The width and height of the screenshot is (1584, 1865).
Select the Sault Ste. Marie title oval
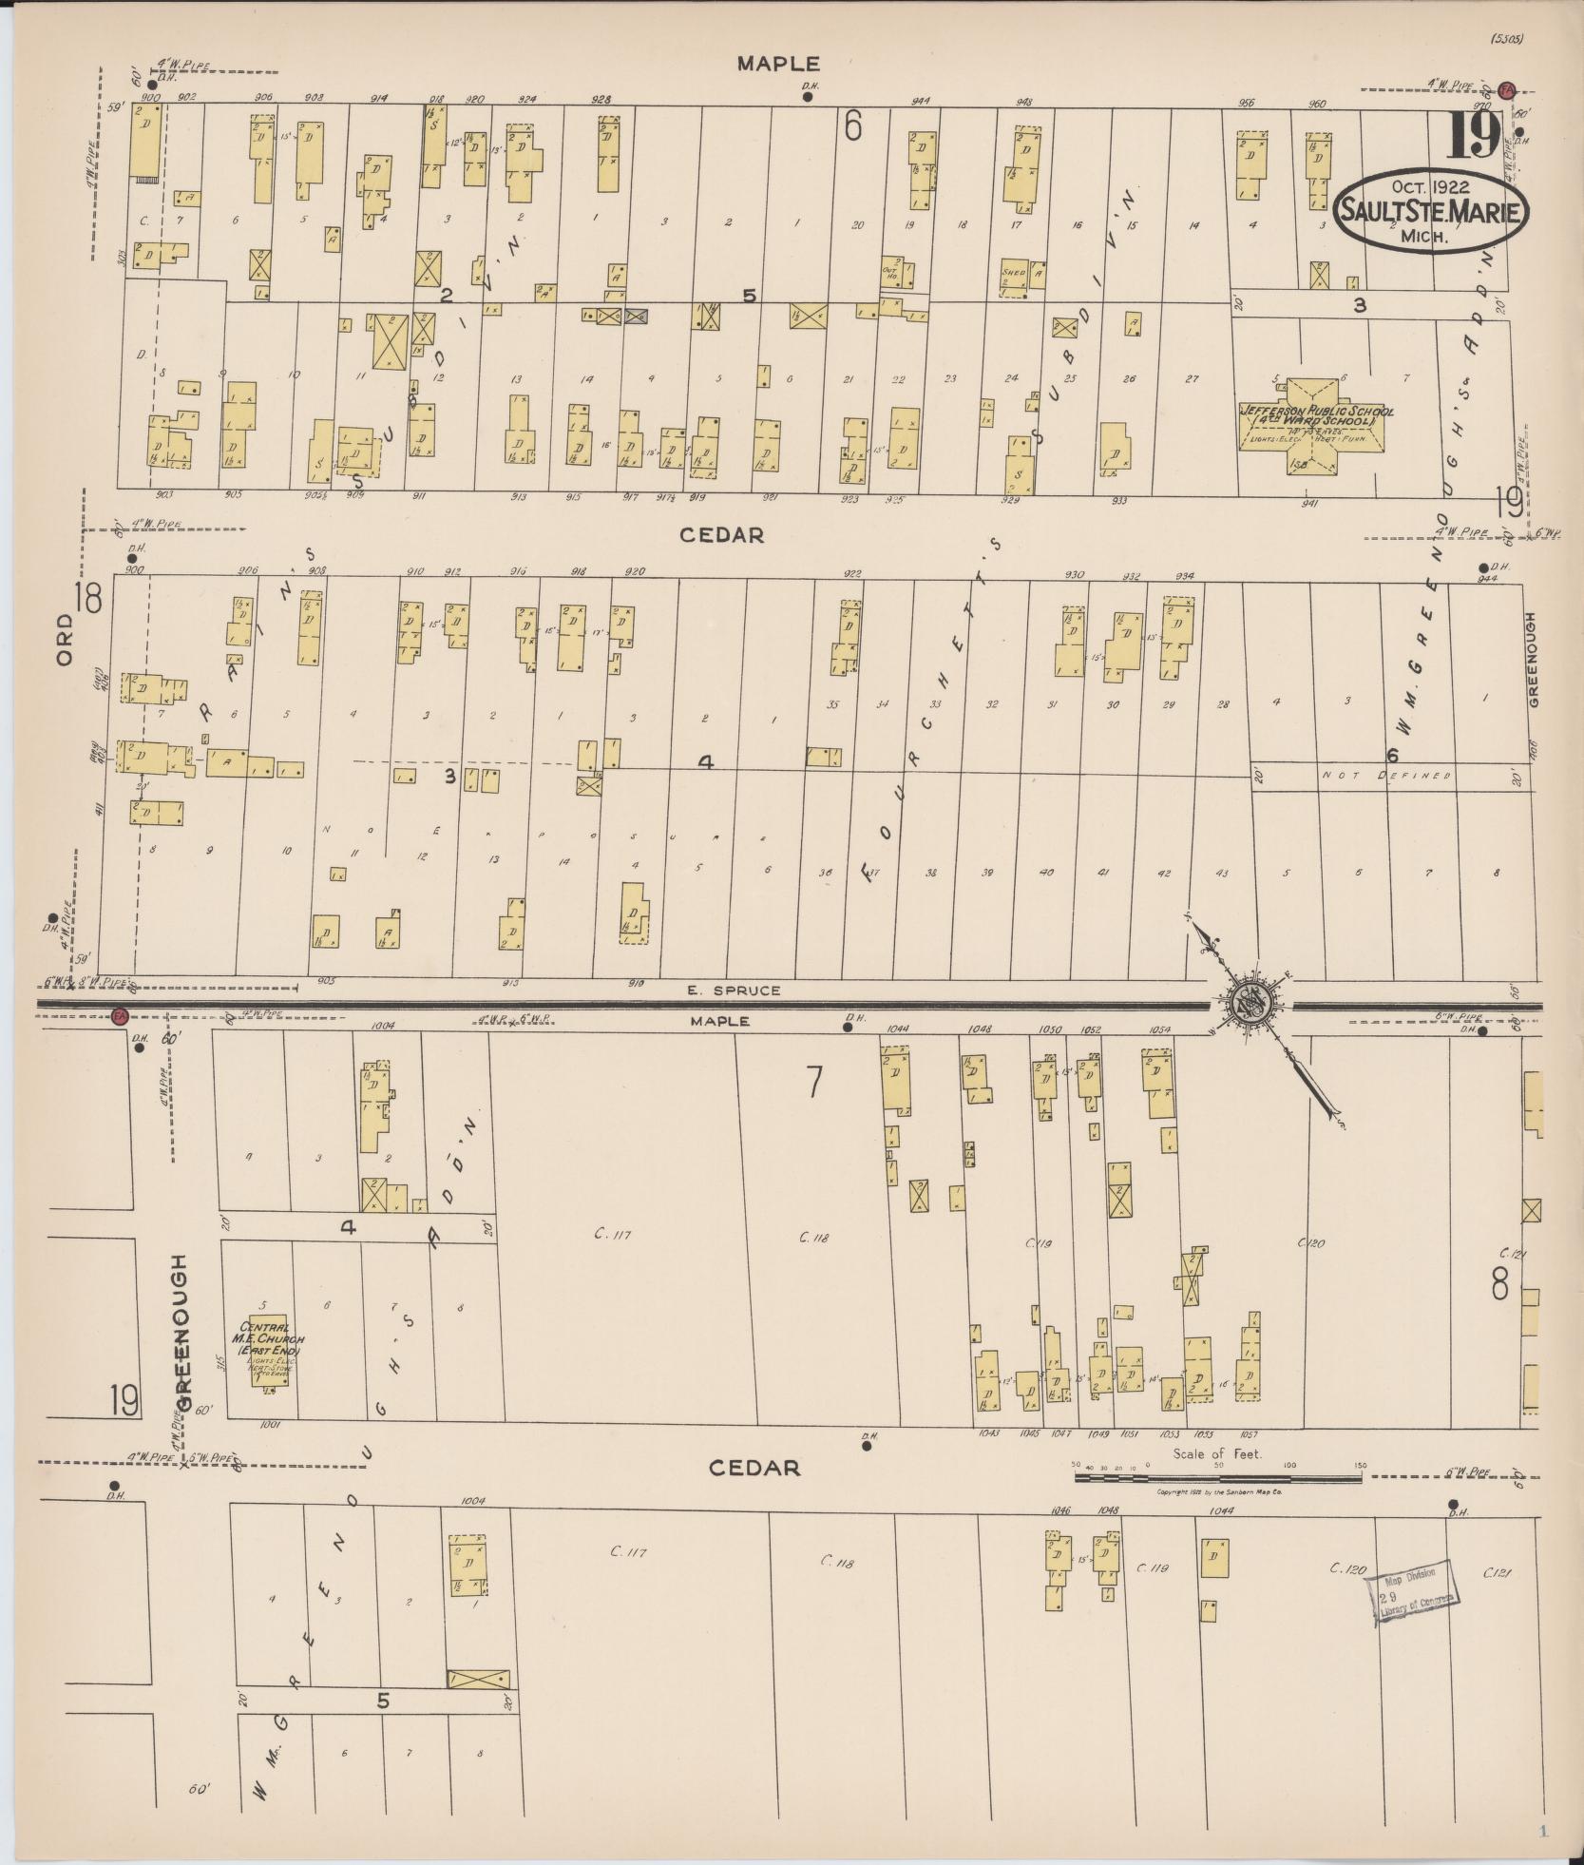(1432, 212)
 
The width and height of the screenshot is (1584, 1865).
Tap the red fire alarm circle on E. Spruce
(120, 1016)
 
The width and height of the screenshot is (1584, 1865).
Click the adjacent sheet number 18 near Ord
(90, 599)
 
